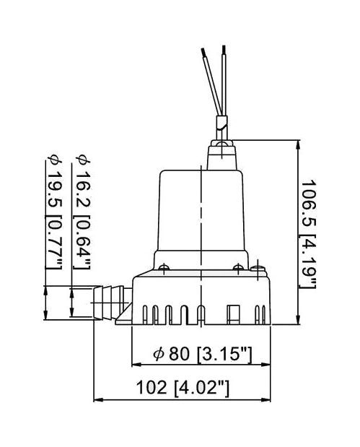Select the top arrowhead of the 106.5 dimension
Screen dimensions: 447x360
299,144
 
